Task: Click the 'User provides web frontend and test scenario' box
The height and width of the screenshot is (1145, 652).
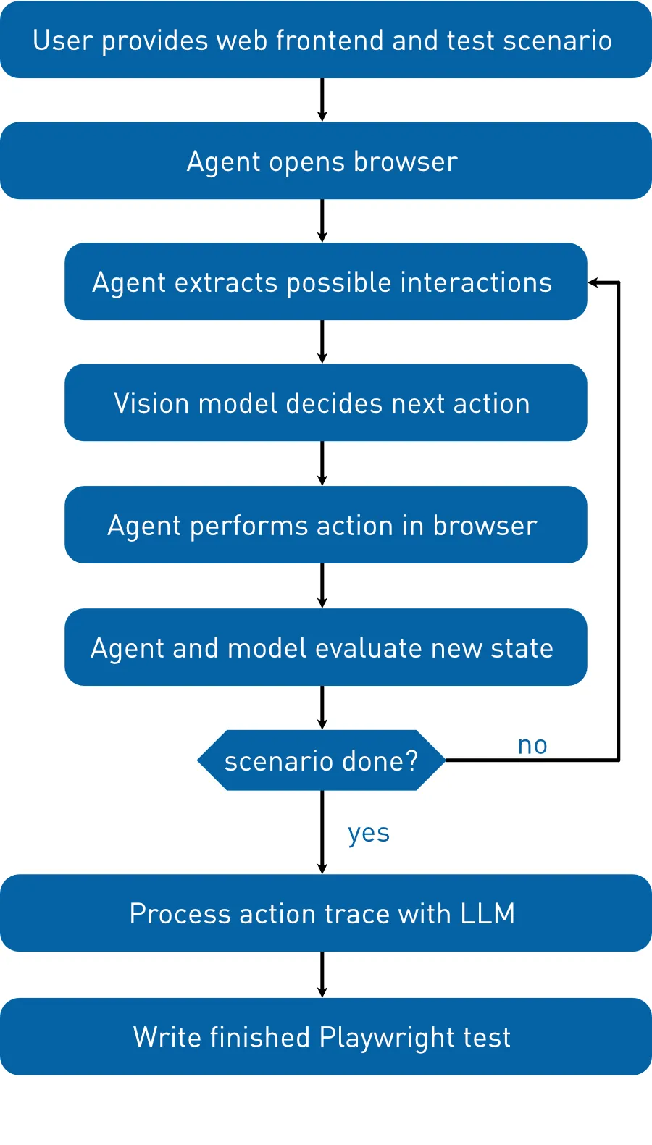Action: pos(326,39)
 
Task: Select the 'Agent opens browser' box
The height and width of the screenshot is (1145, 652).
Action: pos(326,161)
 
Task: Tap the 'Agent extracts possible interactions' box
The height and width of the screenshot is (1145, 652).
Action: pos(326,282)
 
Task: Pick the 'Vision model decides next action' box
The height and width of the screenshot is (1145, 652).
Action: pos(326,403)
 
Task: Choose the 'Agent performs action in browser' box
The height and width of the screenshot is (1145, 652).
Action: pos(326,525)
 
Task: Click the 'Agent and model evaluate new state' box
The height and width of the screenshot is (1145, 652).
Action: pos(326,647)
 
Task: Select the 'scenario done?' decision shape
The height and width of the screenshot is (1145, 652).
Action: pos(321,760)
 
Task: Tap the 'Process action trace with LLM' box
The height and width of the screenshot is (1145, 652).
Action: pos(326,913)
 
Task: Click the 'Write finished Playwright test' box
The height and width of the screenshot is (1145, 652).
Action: pos(326,1036)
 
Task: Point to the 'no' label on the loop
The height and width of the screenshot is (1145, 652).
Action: pos(532,746)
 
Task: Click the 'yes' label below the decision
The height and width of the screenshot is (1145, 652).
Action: pos(369,834)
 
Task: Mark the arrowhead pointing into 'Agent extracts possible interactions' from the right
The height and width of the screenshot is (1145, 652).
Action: pos(593,282)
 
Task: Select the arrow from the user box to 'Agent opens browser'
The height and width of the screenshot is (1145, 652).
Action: pos(322,100)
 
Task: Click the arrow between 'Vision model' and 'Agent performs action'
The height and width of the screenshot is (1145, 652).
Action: pos(322,464)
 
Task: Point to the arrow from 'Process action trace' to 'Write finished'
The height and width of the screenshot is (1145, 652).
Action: pos(322,975)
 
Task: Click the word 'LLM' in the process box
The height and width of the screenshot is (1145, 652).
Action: pos(488,913)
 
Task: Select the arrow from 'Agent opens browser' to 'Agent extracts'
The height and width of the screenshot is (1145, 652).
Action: pos(322,221)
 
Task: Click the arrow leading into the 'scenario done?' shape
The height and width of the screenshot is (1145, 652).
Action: pos(322,708)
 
